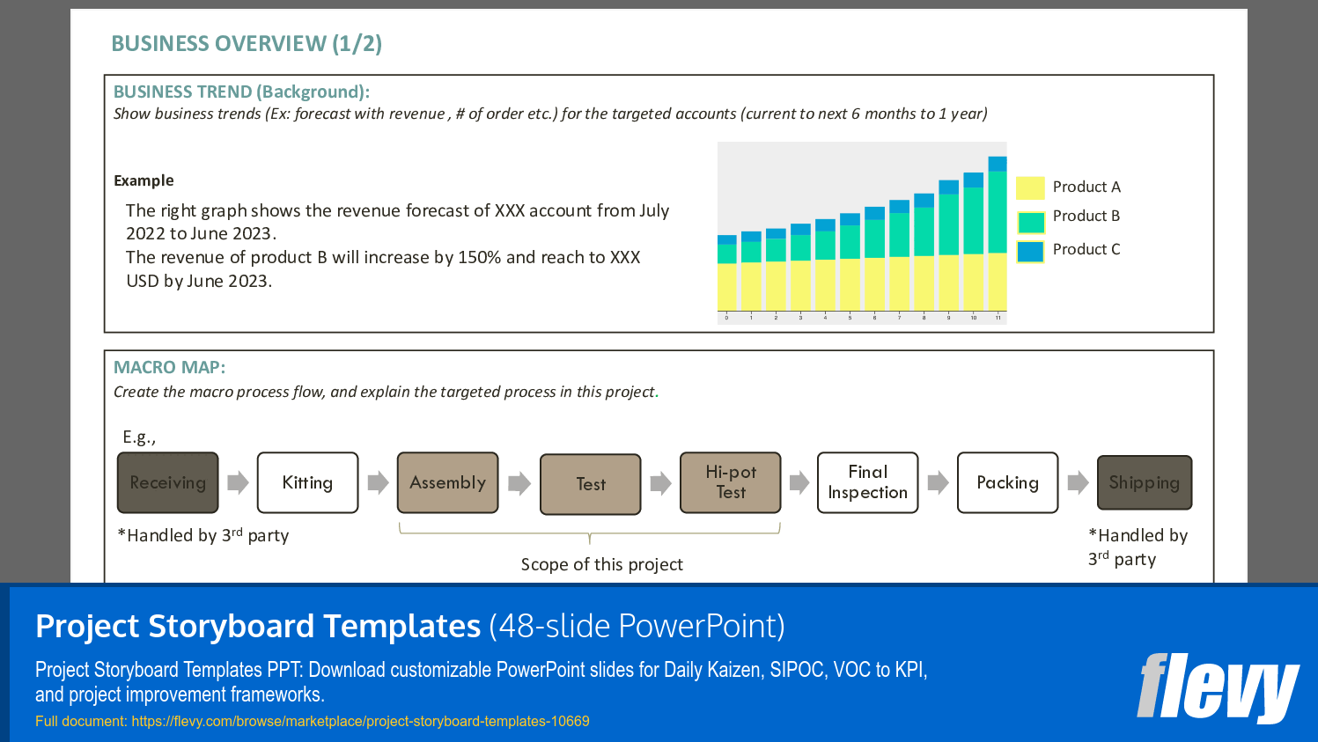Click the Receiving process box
(167, 482)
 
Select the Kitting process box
(307, 482)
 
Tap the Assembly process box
(447, 482)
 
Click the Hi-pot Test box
(730, 482)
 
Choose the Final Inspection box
(867, 482)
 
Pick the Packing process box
(1007, 482)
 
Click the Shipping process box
(1144, 482)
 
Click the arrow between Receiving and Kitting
(238, 482)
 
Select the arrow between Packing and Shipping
(1078, 482)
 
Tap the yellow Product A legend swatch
(1030, 187)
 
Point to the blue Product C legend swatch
(1030, 252)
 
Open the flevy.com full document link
(360, 722)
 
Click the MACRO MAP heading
(169, 368)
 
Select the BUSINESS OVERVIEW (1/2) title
(247, 44)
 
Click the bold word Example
(144, 180)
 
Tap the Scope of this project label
(601, 565)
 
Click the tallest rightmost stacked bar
(997, 238)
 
